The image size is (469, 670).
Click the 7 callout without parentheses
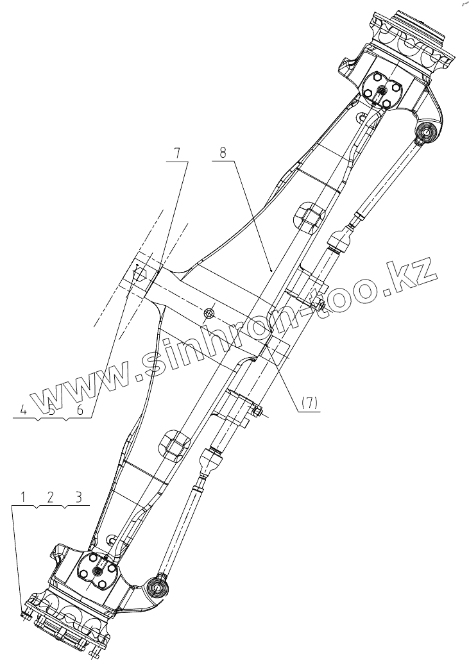point(177,153)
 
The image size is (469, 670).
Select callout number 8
point(222,153)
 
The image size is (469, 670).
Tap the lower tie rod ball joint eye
point(156,587)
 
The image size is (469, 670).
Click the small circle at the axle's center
point(208,312)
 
